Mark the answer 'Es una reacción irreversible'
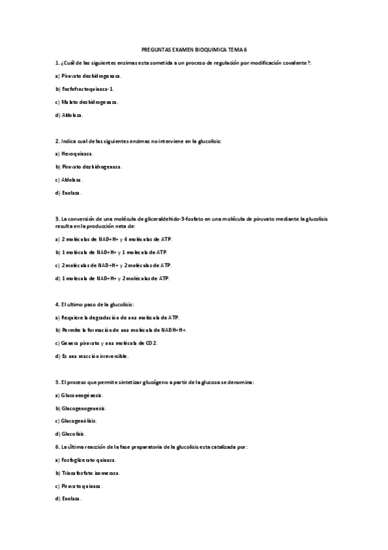coord(92,356)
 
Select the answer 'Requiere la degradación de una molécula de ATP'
coord(117,317)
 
